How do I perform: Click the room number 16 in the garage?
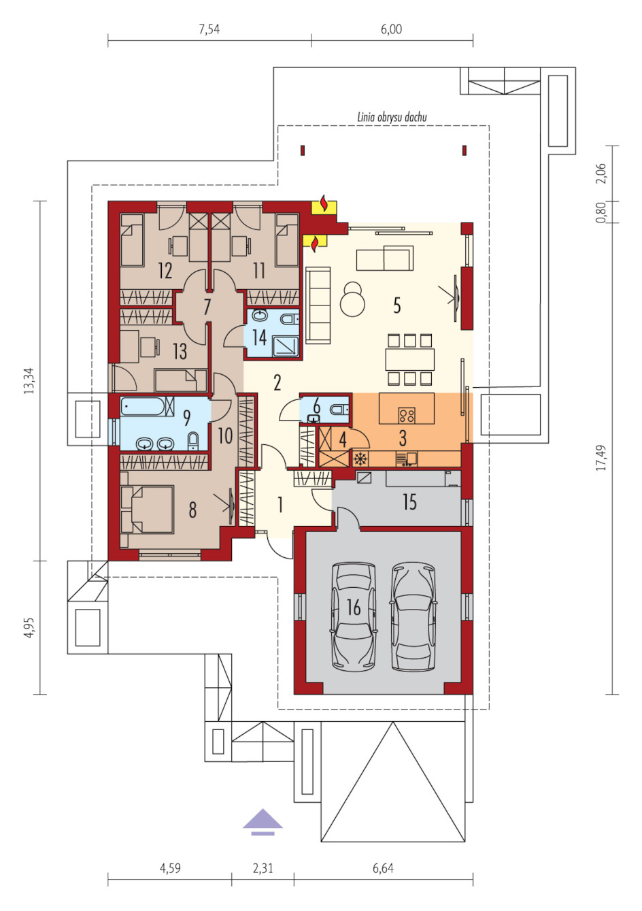[x=354, y=607]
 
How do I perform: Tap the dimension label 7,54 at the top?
[x=209, y=29]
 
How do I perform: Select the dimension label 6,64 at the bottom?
[x=383, y=868]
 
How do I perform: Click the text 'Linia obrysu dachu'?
[x=392, y=118]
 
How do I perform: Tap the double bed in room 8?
[x=148, y=509]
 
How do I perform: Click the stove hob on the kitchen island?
[x=407, y=415]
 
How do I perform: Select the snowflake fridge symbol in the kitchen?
[x=359, y=459]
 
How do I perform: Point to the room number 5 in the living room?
[x=396, y=305]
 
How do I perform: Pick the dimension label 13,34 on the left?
[x=29, y=381]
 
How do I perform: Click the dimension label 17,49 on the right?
[x=601, y=458]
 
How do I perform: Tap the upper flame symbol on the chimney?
[x=324, y=205]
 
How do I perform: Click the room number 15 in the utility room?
[x=409, y=502]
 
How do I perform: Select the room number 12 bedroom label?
[x=165, y=271]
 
